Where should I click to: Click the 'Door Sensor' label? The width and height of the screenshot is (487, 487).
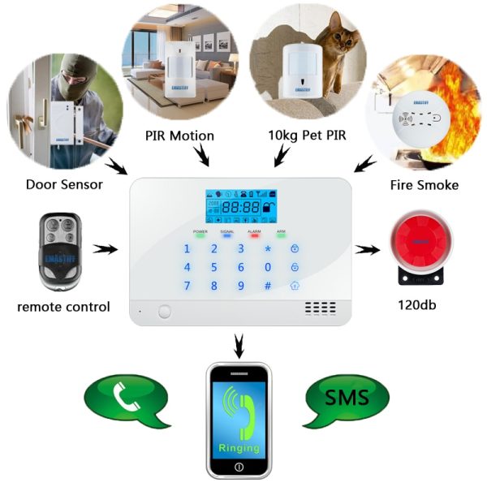point(64,184)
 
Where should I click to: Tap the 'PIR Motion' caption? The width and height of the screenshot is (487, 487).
point(179,135)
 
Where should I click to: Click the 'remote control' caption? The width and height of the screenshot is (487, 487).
point(63,307)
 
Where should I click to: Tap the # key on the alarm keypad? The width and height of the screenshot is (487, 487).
point(267,285)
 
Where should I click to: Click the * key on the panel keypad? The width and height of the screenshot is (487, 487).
point(267,248)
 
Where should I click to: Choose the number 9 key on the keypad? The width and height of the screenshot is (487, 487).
point(240,285)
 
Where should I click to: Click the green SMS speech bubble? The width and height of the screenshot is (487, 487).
point(347,398)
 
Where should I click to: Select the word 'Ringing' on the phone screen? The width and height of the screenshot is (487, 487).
point(239,447)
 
